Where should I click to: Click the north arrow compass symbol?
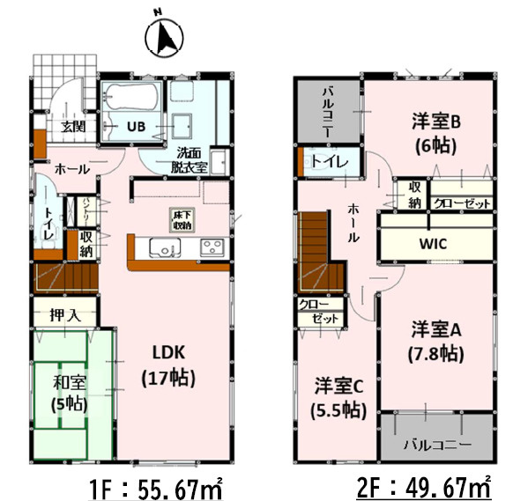(160, 36)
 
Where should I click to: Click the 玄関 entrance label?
(73, 125)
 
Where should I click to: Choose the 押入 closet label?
(61, 313)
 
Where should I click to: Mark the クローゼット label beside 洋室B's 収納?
(460, 203)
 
